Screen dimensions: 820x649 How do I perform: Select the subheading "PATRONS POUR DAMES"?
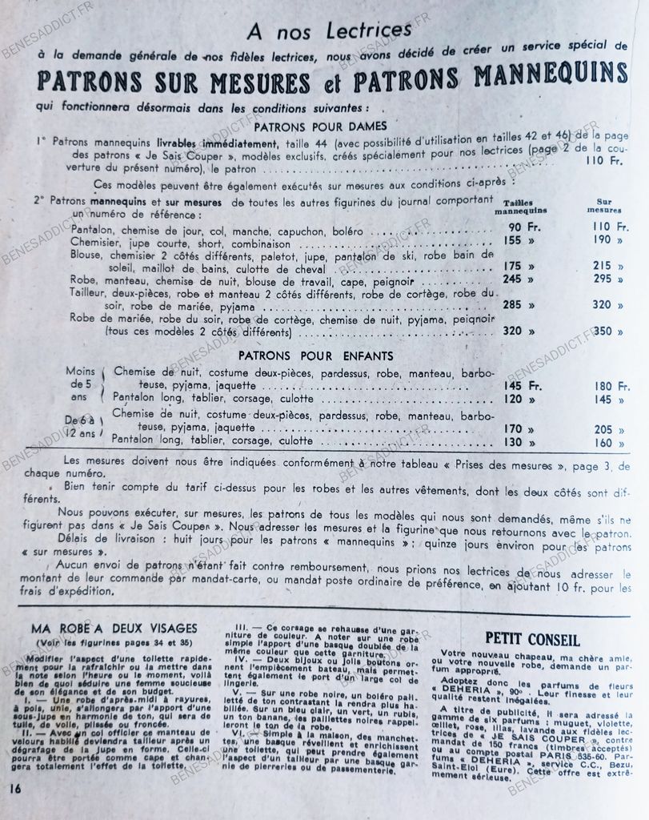click(x=320, y=126)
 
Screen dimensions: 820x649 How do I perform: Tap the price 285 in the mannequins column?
click(x=514, y=305)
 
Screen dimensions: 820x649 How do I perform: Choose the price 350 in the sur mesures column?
click(x=603, y=331)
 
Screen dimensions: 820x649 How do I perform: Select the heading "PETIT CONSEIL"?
click(x=532, y=639)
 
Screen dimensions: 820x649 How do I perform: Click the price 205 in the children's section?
click(x=603, y=428)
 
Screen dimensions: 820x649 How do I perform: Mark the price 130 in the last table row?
click(x=514, y=442)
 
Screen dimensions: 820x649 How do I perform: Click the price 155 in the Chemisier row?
click(x=514, y=239)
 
